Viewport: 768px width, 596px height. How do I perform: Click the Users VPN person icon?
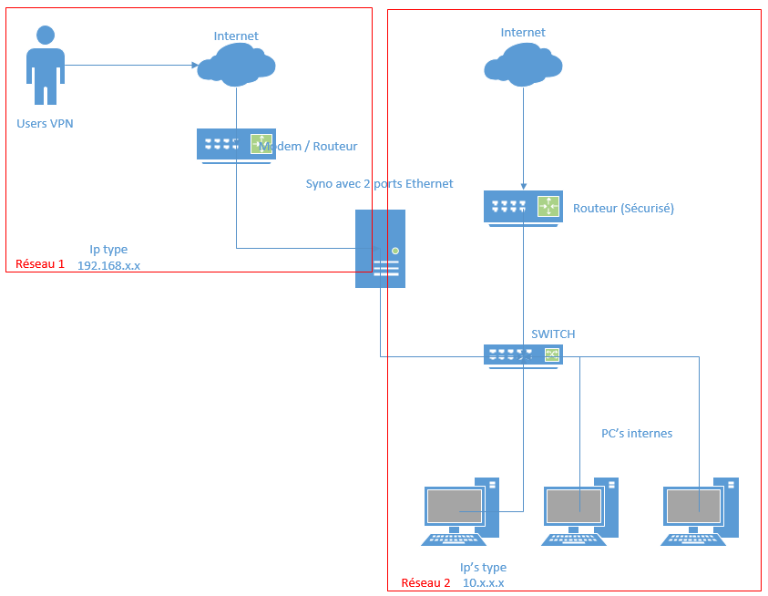click(45, 66)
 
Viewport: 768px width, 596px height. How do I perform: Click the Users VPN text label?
click(45, 123)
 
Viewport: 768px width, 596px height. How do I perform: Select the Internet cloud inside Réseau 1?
click(236, 65)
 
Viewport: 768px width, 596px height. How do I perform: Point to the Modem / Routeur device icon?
click(236, 145)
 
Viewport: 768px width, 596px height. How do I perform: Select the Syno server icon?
click(380, 249)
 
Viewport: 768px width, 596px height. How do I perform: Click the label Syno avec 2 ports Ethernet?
click(379, 183)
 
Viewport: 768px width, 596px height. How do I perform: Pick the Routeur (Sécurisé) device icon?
click(523, 208)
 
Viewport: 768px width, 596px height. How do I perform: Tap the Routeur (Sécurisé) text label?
click(623, 208)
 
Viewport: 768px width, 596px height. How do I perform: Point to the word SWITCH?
click(553, 334)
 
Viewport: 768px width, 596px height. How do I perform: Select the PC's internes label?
click(637, 433)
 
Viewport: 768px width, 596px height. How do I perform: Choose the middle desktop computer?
click(581, 511)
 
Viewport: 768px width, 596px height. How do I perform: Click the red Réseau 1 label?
click(40, 264)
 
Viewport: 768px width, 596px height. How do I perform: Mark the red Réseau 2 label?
click(425, 583)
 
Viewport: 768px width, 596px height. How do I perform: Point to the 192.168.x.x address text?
click(108, 265)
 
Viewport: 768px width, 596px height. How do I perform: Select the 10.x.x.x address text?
click(483, 583)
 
